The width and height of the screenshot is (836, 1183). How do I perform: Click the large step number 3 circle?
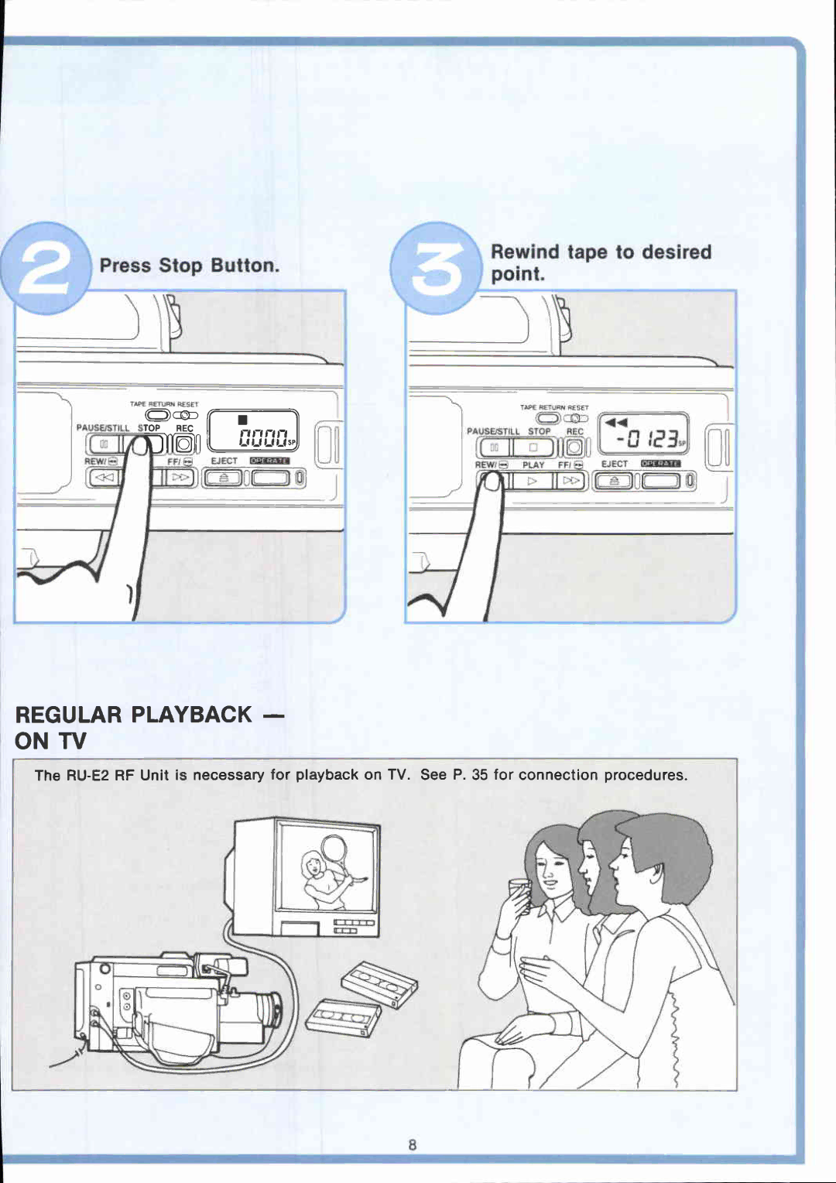[436, 268]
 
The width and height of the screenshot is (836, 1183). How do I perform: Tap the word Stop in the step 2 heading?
[180, 266]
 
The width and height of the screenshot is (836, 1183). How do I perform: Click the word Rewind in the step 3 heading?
[525, 252]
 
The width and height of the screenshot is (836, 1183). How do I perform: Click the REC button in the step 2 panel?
[184, 444]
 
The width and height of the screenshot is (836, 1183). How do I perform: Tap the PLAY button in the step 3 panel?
[533, 481]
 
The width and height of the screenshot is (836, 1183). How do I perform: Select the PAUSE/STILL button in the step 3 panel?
[493, 447]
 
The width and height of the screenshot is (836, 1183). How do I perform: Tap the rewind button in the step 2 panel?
[103, 478]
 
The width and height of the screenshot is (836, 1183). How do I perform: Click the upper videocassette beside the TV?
[379, 983]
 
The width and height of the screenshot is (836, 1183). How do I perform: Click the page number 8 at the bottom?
[413, 1145]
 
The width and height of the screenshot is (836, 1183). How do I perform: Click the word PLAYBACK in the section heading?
[191, 715]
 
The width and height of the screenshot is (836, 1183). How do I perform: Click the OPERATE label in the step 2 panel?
[269, 461]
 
